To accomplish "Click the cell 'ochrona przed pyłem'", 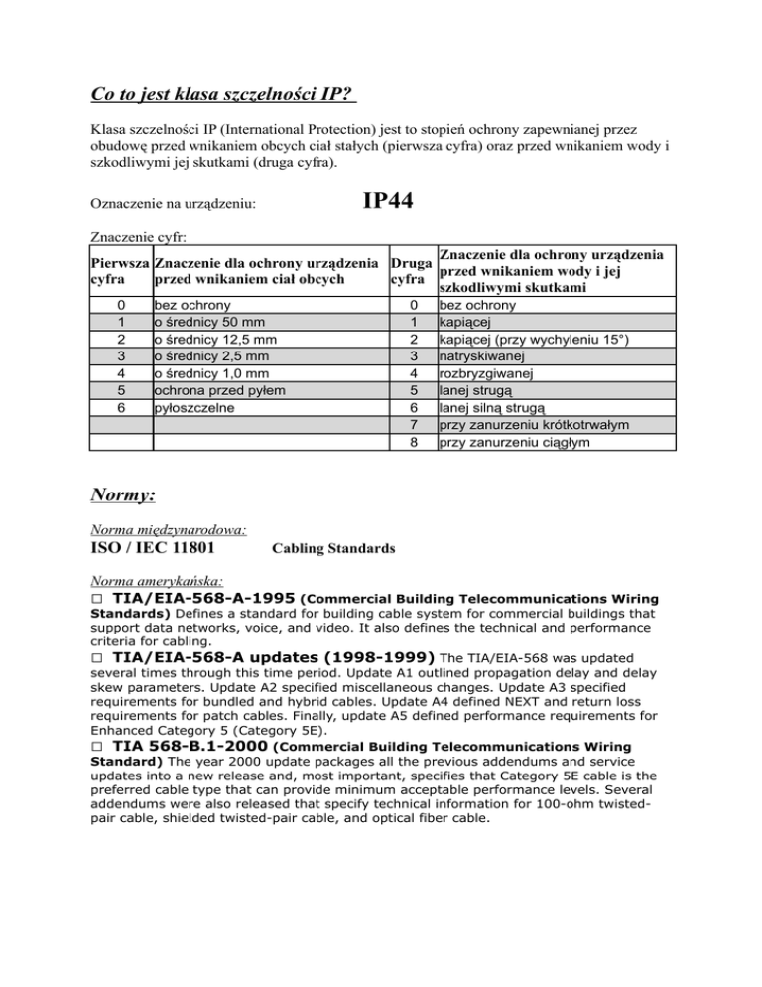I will (213, 391).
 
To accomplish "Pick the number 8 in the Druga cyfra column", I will (413, 443).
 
